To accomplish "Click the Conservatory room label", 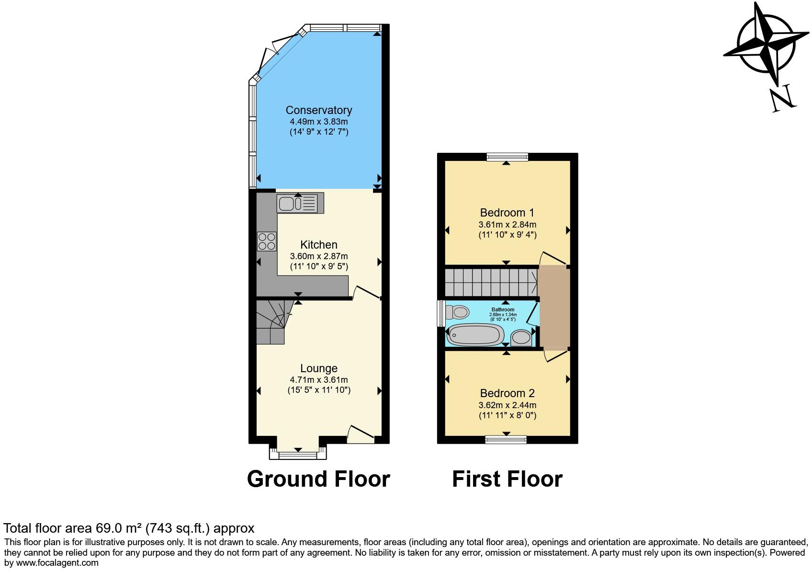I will click(x=318, y=110).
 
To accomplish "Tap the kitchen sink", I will click(x=300, y=203).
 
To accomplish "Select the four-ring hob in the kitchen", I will click(x=267, y=241).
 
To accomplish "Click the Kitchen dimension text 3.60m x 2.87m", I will click(x=318, y=256).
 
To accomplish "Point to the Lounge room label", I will click(x=318, y=368).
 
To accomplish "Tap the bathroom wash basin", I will click(x=521, y=338).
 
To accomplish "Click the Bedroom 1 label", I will click(x=507, y=213).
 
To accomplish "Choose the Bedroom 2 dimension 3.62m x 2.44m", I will click(x=507, y=405).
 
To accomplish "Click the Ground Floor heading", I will click(x=318, y=479).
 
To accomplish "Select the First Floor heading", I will click(x=507, y=479).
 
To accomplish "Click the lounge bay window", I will click(x=298, y=455).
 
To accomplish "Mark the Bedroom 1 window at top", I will click(x=507, y=157).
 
